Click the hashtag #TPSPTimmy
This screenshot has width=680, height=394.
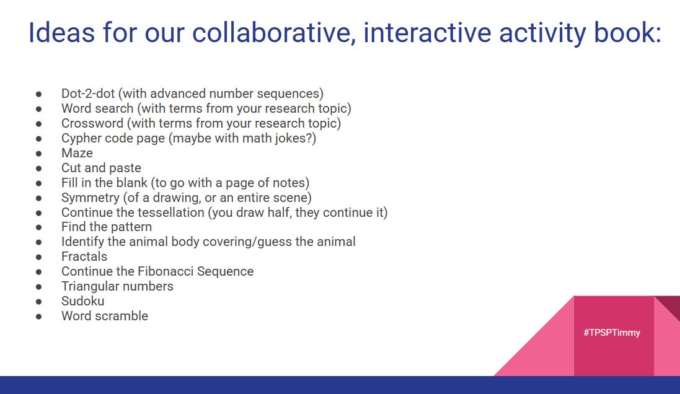(611, 333)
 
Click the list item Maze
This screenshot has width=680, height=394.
(77, 153)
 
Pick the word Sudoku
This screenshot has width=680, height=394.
(82, 301)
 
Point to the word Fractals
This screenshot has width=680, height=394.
(84, 256)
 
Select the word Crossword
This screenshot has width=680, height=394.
(92, 123)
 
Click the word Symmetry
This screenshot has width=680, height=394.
(90, 198)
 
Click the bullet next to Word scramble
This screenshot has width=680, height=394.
(38, 316)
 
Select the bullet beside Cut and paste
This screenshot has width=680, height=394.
(38, 168)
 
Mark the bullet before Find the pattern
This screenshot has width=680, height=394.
(38, 227)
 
